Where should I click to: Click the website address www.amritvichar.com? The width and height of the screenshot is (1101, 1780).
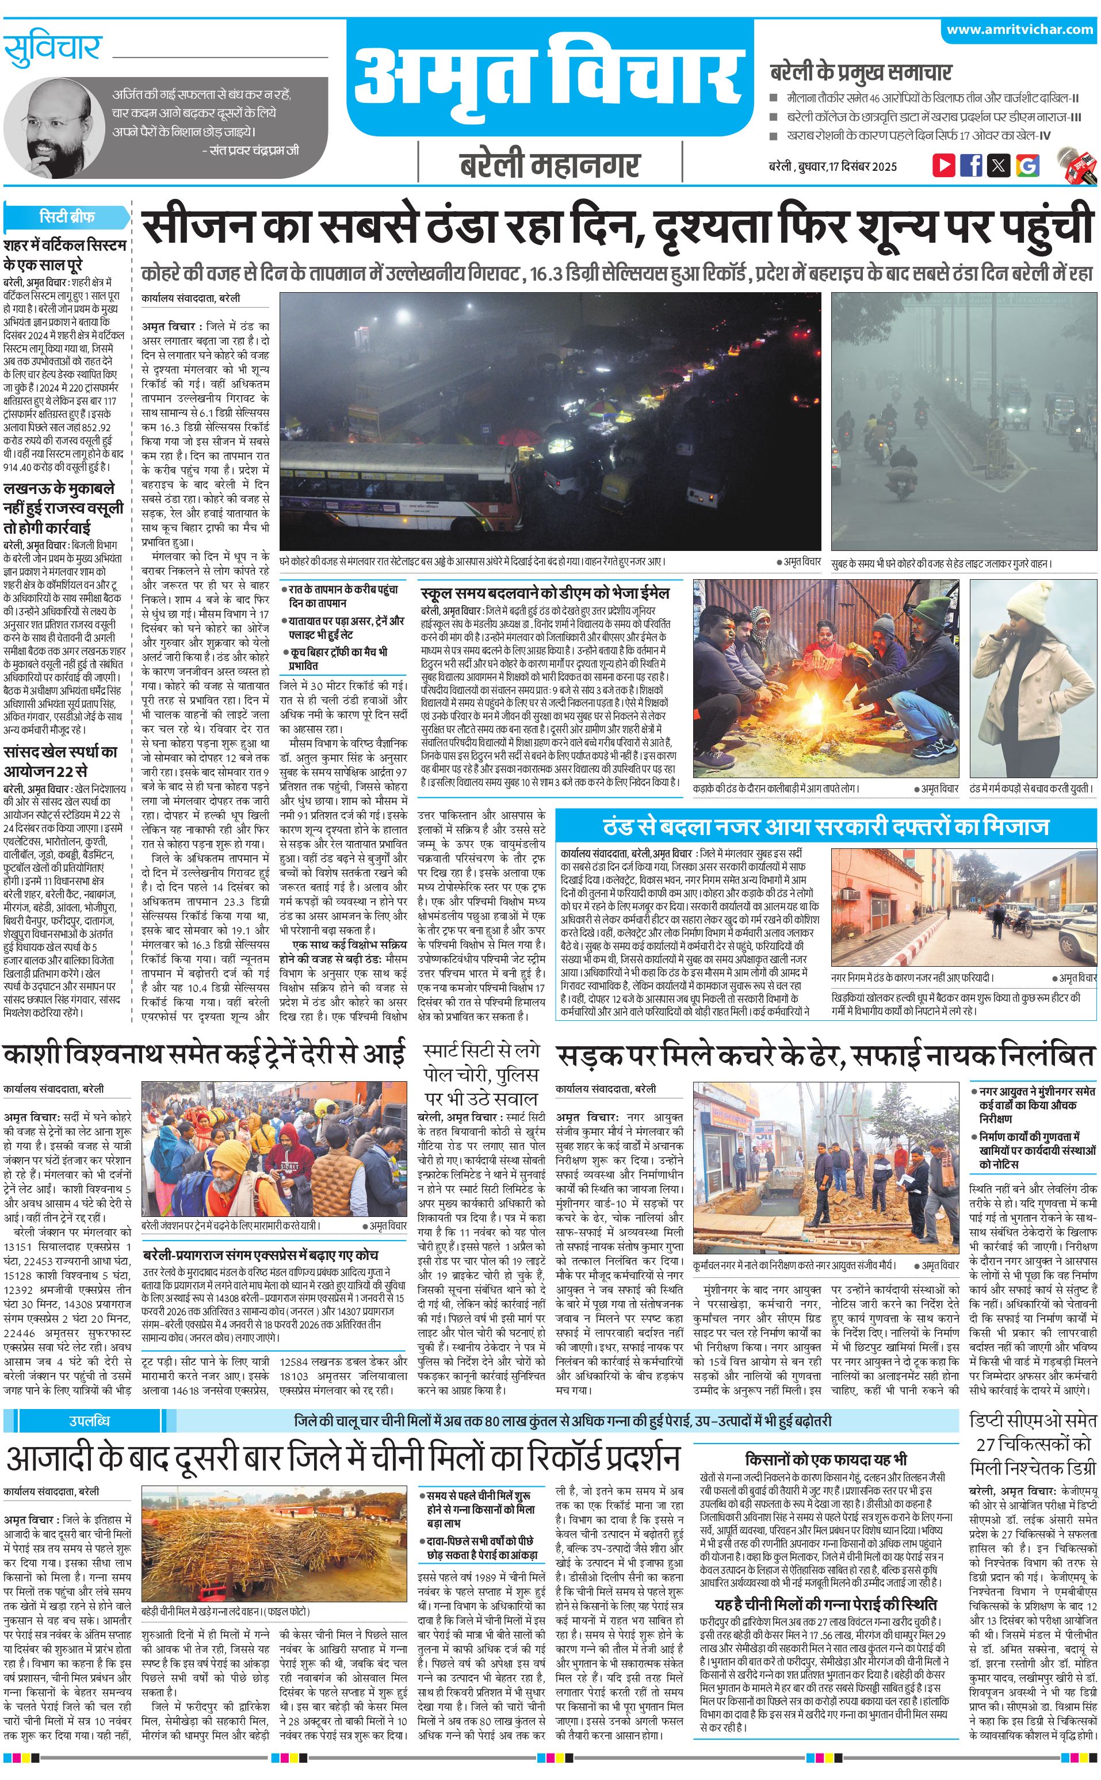[x=1019, y=30]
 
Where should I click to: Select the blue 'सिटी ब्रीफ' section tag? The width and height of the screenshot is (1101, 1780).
[x=67, y=216]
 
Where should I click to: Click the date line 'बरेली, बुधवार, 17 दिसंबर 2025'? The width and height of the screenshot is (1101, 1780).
[x=832, y=166]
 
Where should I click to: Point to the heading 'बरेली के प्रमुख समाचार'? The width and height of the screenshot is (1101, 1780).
[x=861, y=72]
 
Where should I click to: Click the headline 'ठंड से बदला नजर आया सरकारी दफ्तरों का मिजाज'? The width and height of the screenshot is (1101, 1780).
[x=826, y=826]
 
